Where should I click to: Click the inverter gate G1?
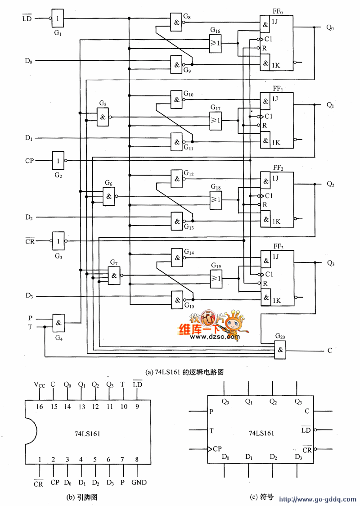point(58,18)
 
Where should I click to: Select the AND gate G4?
point(59,322)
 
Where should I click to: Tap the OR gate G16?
point(216,43)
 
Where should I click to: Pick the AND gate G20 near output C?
point(281,350)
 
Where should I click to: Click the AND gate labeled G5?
point(103,117)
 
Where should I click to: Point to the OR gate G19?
point(216,279)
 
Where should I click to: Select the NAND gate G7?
point(114,275)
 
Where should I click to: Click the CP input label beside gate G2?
point(30,160)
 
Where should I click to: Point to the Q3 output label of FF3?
point(331,263)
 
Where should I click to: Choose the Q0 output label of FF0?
point(330,27)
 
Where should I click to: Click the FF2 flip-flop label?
point(278,167)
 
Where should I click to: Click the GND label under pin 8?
point(139,482)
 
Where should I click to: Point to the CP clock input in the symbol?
point(217,449)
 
